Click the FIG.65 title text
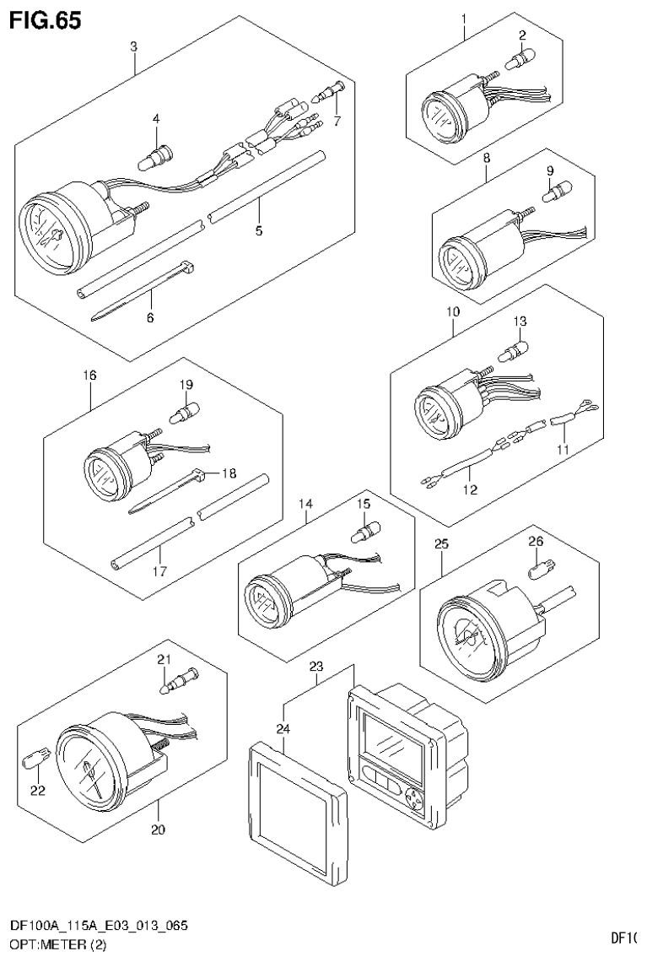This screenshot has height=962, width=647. [x=46, y=20]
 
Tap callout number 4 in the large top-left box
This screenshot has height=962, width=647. [x=155, y=119]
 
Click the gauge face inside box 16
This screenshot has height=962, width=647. [x=103, y=473]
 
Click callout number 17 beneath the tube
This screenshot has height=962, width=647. [x=159, y=571]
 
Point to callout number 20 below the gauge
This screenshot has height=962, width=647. [x=158, y=830]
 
